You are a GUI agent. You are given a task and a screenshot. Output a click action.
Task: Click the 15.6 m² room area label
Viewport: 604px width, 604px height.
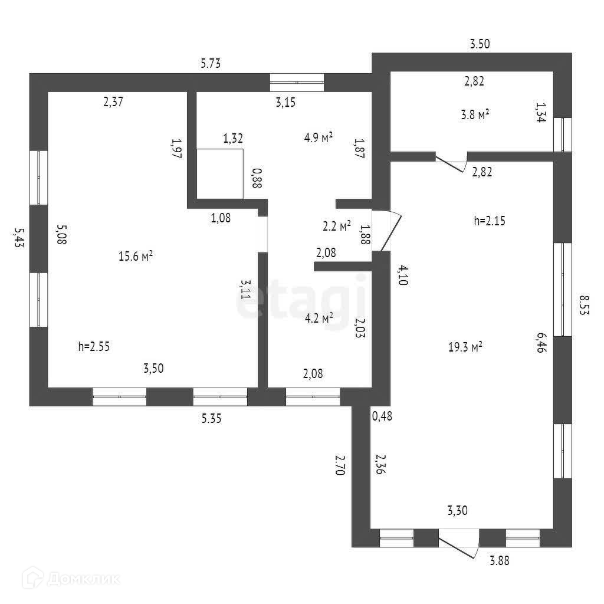(x=136, y=256)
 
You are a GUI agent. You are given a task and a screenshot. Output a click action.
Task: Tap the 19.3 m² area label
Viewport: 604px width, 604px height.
(x=465, y=347)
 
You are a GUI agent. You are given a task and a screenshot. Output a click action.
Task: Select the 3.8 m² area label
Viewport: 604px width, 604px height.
(x=477, y=116)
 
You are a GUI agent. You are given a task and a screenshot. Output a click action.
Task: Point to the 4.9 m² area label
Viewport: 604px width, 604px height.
(x=319, y=138)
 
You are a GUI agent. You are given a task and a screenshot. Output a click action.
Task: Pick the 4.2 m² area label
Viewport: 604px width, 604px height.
(x=319, y=318)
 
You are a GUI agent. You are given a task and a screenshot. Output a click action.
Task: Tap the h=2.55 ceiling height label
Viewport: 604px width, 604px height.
(x=94, y=346)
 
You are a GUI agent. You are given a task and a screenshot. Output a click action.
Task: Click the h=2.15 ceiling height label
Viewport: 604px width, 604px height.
(x=490, y=221)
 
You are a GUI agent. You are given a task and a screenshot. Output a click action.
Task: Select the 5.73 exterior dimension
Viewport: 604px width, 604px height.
(x=210, y=64)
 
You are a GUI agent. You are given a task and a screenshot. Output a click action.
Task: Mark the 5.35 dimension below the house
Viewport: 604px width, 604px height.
(x=212, y=419)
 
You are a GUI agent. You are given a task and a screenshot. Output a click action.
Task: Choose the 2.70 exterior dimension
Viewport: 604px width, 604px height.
(x=339, y=465)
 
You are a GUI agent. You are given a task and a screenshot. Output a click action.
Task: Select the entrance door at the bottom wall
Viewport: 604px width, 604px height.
(x=458, y=541)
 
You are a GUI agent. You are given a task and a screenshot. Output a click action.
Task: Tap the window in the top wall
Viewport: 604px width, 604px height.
(x=297, y=82)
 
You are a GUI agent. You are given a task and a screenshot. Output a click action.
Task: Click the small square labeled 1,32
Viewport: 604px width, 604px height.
(x=220, y=173)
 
